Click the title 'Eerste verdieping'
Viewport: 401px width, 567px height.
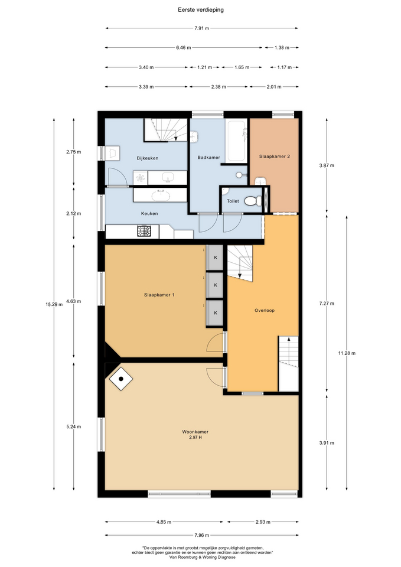tap(201, 10)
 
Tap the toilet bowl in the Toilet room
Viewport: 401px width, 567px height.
tap(252, 201)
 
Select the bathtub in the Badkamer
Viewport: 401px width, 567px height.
tap(236, 141)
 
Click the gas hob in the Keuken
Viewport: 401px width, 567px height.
tap(144, 231)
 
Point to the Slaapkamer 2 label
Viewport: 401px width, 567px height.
tap(275, 157)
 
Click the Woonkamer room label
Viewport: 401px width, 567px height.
tap(195, 432)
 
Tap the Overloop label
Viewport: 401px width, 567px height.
tap(265, 310)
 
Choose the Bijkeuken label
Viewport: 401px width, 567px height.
tap(148, 158)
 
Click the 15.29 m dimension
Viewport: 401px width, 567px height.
tap(54, 305)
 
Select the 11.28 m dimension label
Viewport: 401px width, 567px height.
tap(347, 353)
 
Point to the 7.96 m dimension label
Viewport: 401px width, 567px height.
tap(202, 535)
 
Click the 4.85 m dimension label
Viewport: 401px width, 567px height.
tap(164, 522)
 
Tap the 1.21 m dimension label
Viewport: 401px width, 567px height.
tap(205, 67)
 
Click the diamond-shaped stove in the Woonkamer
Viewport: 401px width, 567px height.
tap(120, 379)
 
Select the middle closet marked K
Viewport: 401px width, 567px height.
tap(216, 285)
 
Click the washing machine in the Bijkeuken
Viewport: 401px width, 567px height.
tap(141, 178)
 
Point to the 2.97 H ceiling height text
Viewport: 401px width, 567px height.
tap(195, 438)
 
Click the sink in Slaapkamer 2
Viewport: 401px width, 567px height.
tap(260, 181)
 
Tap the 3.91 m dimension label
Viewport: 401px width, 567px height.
tap(327, 443)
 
